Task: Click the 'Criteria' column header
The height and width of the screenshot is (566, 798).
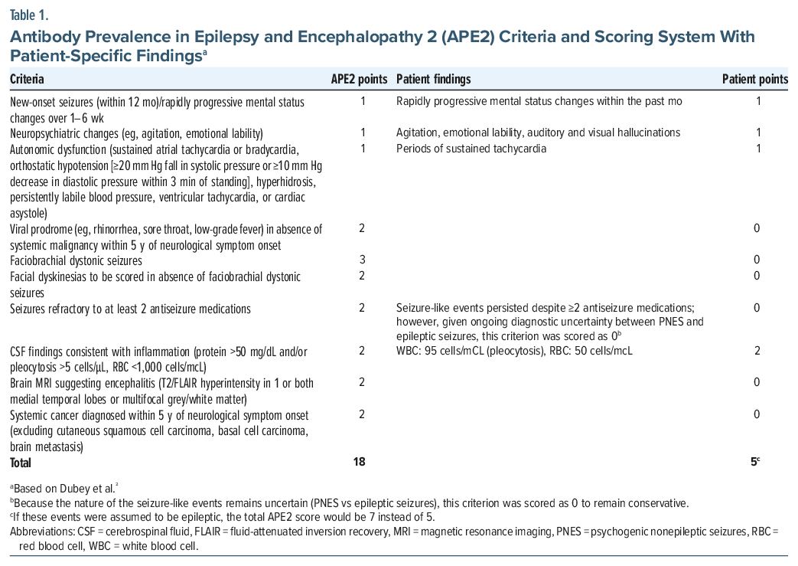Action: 27,80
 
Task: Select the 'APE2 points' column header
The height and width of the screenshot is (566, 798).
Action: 358,80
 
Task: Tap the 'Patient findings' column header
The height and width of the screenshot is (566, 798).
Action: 433,80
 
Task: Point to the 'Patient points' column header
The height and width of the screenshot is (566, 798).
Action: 755,80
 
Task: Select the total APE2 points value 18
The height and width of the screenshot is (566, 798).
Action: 360,462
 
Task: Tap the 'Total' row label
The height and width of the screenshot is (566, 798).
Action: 21,462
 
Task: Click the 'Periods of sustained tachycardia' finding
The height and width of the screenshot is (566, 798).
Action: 471,149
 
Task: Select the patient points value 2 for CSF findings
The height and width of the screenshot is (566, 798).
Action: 758,351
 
